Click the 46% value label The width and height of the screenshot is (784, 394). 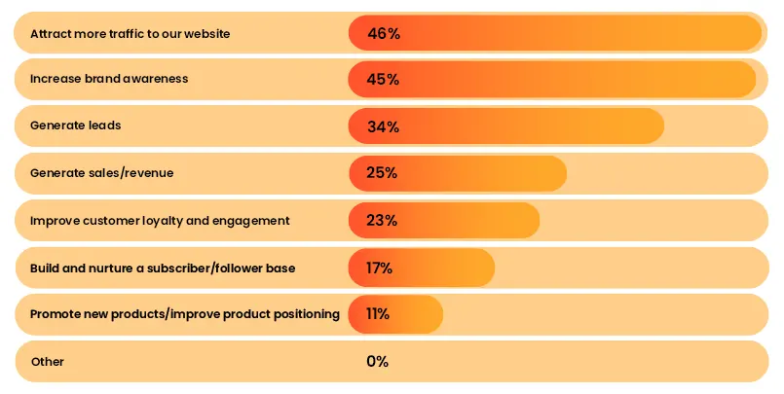[384, 33]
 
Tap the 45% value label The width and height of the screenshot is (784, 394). [383, 80]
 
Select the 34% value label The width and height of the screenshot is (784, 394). [383, 126]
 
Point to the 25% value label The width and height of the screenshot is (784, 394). [382, 173]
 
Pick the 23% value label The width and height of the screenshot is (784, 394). [382, 221]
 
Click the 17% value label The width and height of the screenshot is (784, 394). [380, 268]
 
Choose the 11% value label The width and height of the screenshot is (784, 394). [378, 314]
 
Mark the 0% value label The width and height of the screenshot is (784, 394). [378, 361]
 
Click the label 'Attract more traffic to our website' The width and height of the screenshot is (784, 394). [130, 34]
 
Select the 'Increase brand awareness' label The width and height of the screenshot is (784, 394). [109, 79]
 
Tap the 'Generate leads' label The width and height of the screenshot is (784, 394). [76, 126]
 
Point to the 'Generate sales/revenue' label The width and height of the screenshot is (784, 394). [102, 173]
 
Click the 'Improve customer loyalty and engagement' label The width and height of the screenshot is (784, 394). [160, 221]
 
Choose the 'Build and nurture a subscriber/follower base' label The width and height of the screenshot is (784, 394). [163, 268]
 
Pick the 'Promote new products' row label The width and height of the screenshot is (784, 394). [185, 314]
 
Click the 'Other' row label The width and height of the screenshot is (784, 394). [48, 362]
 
